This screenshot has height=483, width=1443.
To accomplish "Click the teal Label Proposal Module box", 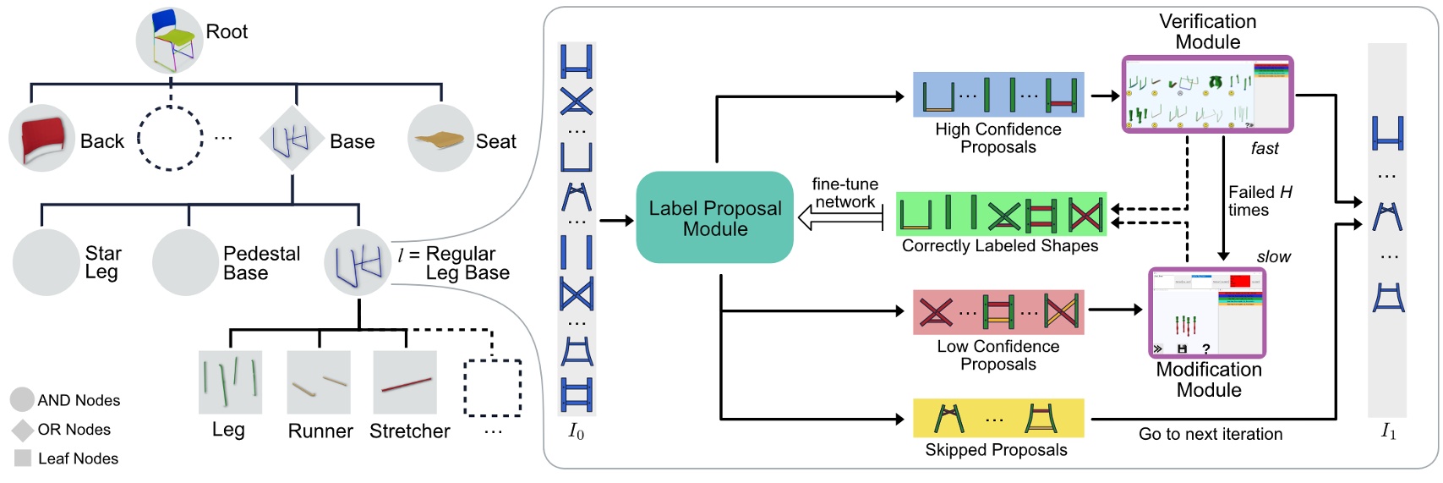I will click(x=714, y=217).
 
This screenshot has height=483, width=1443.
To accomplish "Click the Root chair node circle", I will click(x=169, y=40).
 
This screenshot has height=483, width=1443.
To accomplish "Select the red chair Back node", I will click(x=42, y=139).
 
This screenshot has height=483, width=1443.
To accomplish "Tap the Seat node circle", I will click(x=440, y=139).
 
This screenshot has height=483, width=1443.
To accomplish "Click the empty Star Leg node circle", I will click(x=46, y=262).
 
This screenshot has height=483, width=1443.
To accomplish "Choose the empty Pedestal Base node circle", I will click(x=185, y=262).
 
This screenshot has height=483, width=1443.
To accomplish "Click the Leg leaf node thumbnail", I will click(x=230, y=382).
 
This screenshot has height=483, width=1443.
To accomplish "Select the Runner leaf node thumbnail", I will click(x=319, y=382).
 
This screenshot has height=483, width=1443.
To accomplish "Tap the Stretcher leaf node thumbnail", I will click(x=405, y=382).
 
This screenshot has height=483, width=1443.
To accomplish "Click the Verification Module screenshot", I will click(x=1207, y=95).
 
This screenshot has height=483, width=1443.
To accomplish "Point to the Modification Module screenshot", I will click(x=1206, y=313).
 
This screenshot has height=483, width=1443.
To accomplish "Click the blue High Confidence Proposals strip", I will click(x=998, y=95).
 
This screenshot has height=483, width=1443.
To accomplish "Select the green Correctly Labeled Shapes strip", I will click(x=1001, y=214).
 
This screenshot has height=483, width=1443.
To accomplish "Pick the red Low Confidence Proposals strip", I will click(x=998, y=312).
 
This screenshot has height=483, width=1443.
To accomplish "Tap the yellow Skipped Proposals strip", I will click(x=998, y=418).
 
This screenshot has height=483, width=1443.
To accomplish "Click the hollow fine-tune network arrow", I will click(x=841, y=219).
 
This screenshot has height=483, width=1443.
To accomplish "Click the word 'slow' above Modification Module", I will click(x=1273, y=257).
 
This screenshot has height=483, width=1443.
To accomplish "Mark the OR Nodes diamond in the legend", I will click(x=23, y=430).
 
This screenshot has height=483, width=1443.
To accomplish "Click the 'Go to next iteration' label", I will click(x=1210, y=434).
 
